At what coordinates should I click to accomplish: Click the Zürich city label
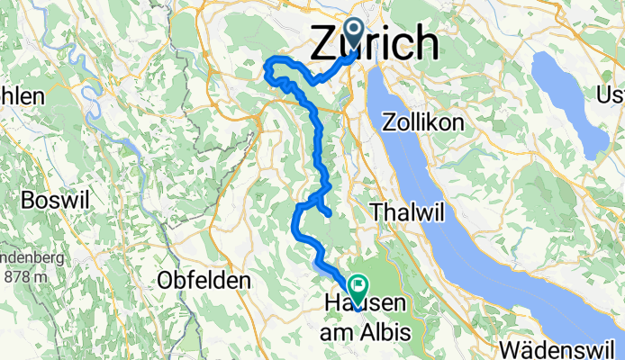[x=376, y=42]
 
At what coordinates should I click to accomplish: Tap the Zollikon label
[x=422, y=121]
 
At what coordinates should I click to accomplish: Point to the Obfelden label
[x=203, y=281]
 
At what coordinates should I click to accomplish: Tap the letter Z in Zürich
[x=326, y=42]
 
